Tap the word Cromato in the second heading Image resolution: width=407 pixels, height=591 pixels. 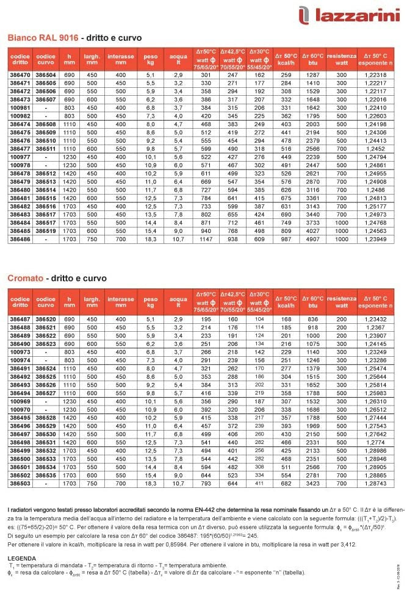click(25, 278)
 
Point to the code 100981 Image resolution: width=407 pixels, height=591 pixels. click(20, 107)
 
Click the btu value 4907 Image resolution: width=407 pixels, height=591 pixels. click(313, 239)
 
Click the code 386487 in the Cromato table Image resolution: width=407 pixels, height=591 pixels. click(20, 319)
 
